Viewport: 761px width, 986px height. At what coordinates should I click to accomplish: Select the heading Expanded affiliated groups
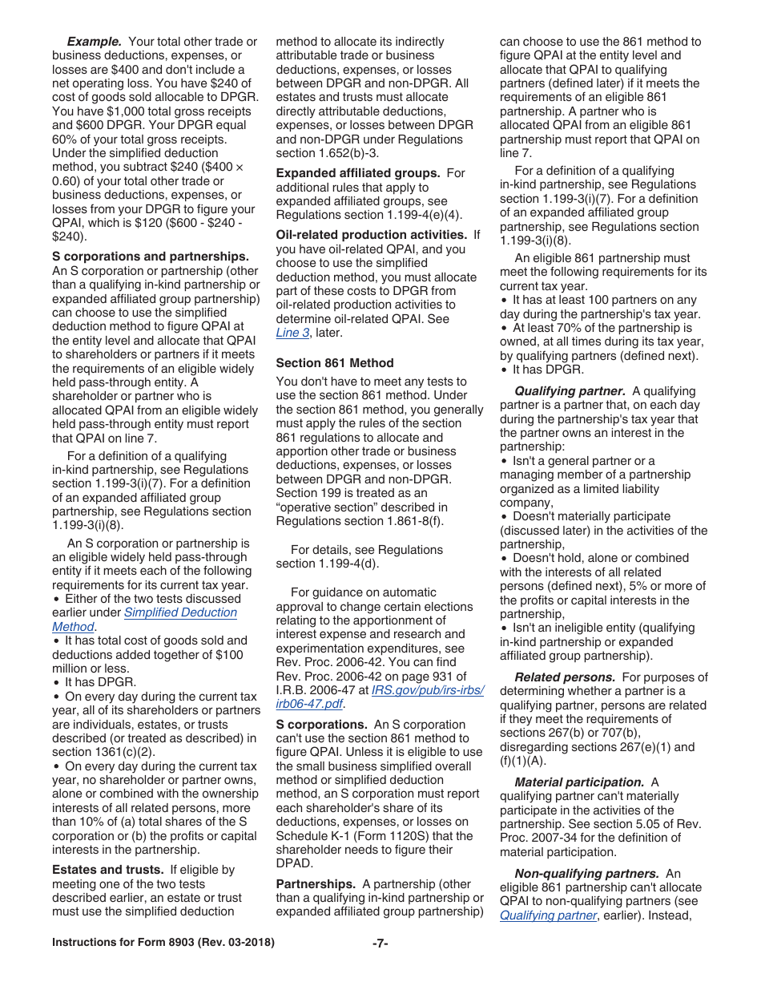pyautogui.click(x=358, y=173)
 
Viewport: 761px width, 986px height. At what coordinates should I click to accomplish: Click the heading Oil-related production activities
pyautogui.click(x=372, y=235)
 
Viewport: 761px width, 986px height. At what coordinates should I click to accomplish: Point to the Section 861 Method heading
pyautogui.click(x=335, y=363)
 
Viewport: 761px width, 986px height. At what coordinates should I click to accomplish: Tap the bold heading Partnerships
pyautogui.click(x=316, y=883)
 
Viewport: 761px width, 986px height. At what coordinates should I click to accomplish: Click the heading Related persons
pyautogui.click(x=565, y=677)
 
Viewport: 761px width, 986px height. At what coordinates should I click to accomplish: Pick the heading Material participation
pyautogui.click(x=579, y=782)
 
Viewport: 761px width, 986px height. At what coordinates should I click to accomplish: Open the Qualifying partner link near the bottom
pyautogui.click(x=548, y=915)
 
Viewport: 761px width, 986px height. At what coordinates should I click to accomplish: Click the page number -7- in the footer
pyautogui.click(x=380, y=944)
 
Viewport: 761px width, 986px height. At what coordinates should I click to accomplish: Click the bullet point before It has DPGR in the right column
pyautogui.click(x=504, y=370)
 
